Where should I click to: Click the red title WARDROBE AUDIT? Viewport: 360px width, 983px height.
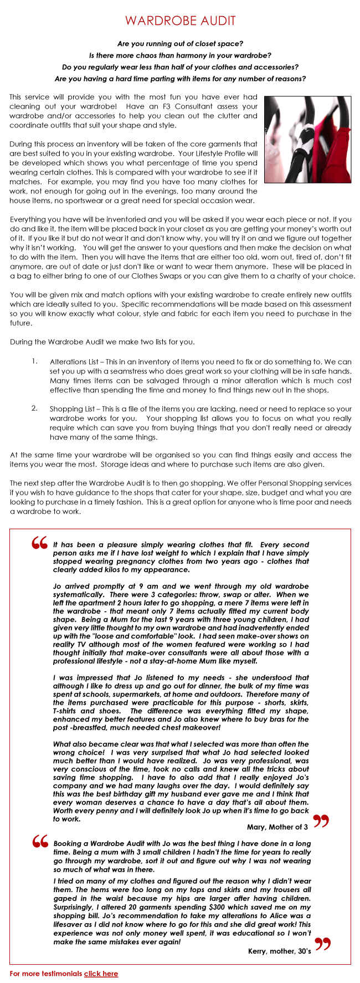tap(180, 21)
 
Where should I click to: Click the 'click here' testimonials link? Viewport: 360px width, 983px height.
tap(101, 973)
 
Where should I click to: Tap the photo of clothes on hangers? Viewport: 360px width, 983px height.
tap(307, 139)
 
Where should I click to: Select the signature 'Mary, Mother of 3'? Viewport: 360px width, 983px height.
tap(277, 827)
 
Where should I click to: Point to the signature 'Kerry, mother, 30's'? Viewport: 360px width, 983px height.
tap(279, 951)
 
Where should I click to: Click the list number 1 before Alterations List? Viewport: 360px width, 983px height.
tap(34, 361)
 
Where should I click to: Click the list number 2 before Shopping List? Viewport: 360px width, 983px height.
tap(34, 408)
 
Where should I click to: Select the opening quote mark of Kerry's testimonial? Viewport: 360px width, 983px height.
tap(40, 842)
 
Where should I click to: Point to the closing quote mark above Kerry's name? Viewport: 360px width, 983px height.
tap(322, 944)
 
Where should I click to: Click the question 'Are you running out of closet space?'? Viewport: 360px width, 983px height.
tap(180, 43)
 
